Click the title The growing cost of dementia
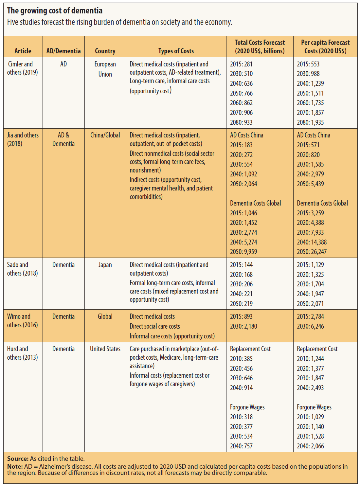(55, 11)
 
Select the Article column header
(23, 51)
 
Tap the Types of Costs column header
(176, 51)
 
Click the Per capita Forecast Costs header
(325, 47)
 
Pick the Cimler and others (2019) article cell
(22, 68)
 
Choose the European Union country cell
(105, 69)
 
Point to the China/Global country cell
(105, 135)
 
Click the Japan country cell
(105, 265)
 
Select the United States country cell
(105, 349)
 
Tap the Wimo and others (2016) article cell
(22, 321)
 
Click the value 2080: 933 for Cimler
(241, 122)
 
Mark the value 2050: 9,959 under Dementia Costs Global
(243, 252)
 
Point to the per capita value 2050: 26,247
(312, 252)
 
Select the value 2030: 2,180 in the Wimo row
(243, 326)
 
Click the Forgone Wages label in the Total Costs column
(247, 407)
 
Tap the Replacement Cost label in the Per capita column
(317, 349)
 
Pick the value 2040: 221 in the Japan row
(241, 294)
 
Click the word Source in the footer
(18, 459)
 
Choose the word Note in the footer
(15, 466)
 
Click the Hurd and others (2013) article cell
(22, 353)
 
